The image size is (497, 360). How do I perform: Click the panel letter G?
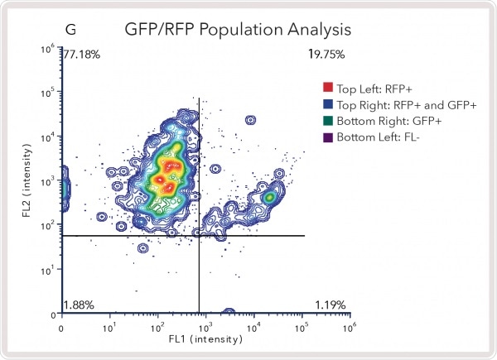[71, 29]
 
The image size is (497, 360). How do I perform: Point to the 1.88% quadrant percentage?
[80, 305]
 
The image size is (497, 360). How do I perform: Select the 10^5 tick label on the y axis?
[49, 92]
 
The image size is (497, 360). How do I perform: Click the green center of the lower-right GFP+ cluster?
[268, 198]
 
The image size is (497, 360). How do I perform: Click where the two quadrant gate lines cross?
[200, 236]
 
